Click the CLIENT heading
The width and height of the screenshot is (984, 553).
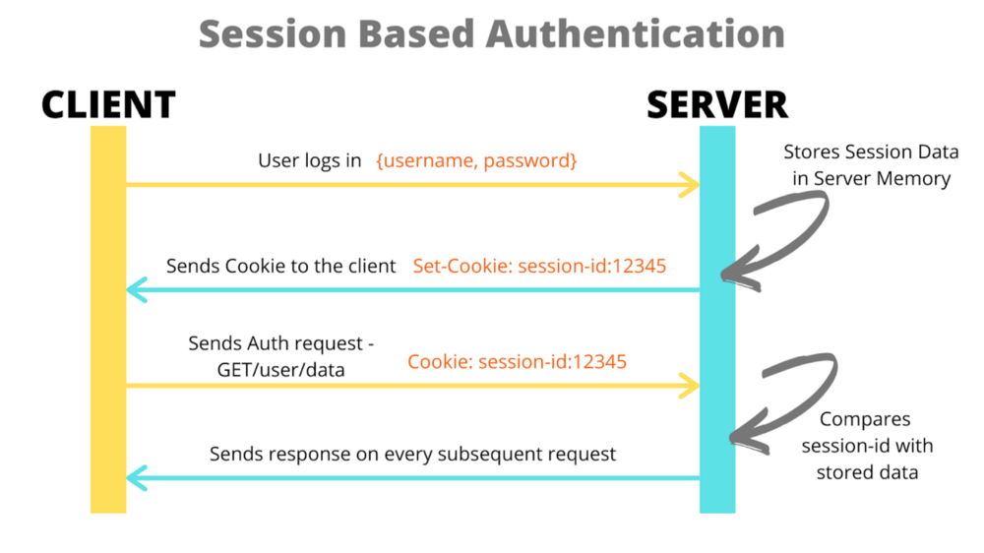[x=108, y=104]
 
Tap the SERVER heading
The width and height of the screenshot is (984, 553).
[x=716, y=104]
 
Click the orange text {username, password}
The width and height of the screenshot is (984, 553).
[x=476, y=159]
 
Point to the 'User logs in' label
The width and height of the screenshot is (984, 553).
[x=310, y=159]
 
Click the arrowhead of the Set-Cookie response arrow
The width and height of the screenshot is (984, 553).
[x=136, y=289]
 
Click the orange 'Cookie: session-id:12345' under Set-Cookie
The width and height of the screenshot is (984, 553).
[x=517, y=361]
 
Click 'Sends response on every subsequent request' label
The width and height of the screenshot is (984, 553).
[x=412, y=454]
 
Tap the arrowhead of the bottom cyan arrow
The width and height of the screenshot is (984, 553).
[x=136, y=478]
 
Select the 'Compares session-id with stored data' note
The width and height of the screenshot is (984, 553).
[x=867, y=445]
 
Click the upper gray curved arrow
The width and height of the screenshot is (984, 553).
[x=782, y=231]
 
